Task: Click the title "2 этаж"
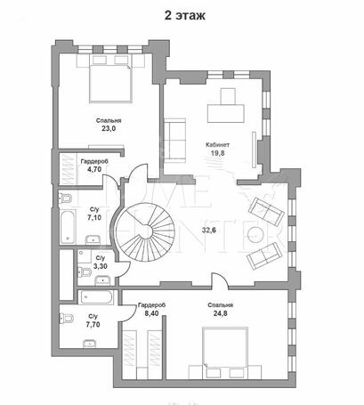tap(185, 16)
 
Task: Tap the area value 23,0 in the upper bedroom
tap(109, 129)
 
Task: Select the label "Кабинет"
tap(218, 145)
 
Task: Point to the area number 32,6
tap(209, 230)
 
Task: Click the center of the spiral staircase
tap(146, 231)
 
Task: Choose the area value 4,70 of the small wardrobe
tap(94, 169)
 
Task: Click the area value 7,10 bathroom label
tap(94, 217)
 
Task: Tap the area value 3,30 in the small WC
tap(101, 266)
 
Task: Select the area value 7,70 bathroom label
tap(93, 325)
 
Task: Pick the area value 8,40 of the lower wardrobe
tap(151, 313)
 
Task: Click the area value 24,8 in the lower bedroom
tap(220, 313)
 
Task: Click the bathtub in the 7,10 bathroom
tap(68, 226)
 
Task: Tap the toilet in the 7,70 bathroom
tap(67, 319)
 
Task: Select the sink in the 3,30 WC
tap(102, 280)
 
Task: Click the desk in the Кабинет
tap(226, 113)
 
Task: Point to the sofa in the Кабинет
tap(174, 141)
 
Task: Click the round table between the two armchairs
tap(256, 235)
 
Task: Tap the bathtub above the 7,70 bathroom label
tap(96, 297)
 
